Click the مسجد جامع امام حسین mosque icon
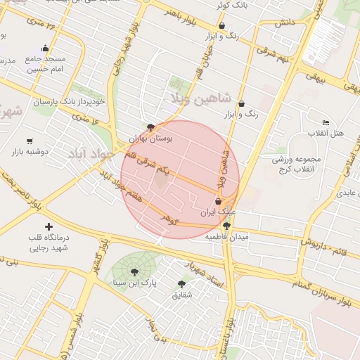(46, 49)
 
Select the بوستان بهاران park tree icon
(150, 127)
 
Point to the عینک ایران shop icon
(218, 201)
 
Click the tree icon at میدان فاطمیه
(226, 226)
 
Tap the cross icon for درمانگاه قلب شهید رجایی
(49, 226)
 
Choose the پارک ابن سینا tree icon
(133, 273)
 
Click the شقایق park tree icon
(181, 284)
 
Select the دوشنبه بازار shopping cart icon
(30, 141)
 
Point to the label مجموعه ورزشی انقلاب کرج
(297, 164)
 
